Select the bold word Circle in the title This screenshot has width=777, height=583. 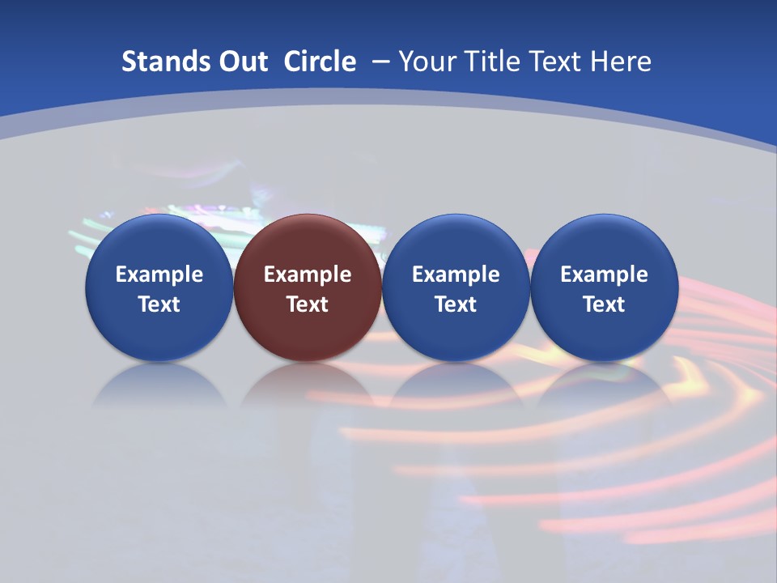pyautogui.click(x=320, y=62)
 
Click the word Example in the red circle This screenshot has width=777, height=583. pyautogui.click(x=307, y=274)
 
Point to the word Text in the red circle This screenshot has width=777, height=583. pyautogui.click(x=307, y=304)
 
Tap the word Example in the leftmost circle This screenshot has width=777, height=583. pyautogui.click(x=159, y=274)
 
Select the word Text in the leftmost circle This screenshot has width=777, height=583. pyautogui.click(x=159, y=304)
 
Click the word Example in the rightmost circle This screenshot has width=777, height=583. pyautogui.click(x=604, y=274)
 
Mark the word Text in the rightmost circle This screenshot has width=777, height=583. pyautogui.click(x=604, y=304)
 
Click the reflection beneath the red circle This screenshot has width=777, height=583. pyautogui.click(x=307, y=386)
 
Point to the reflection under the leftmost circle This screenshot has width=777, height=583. pyautogui.click(x=159, y=386)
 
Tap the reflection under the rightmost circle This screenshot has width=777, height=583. pyautogui.click(x=604, y=386)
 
